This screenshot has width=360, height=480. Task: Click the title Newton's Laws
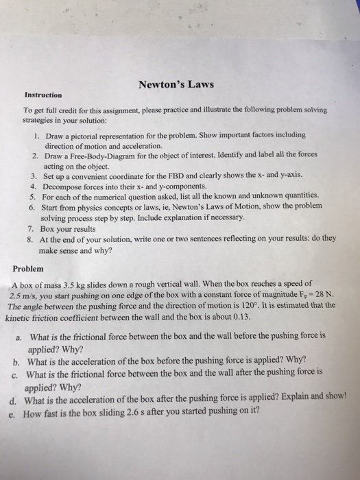point(176,85)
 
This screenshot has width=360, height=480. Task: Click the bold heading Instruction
point(43,95)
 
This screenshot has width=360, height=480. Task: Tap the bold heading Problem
point(28,268)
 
